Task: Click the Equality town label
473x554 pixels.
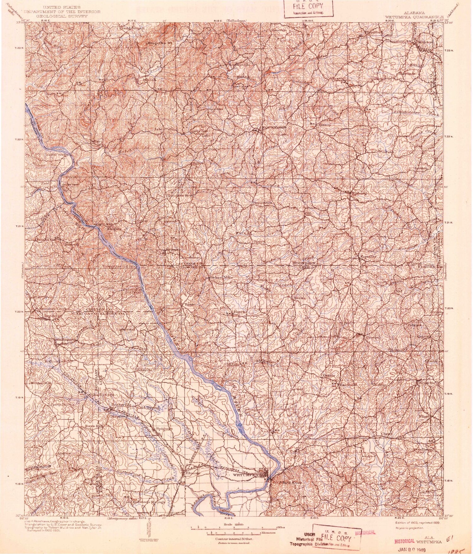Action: pos(369,257)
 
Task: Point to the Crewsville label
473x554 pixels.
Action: pos(341,80)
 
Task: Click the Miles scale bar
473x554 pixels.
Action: pos(233,526)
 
